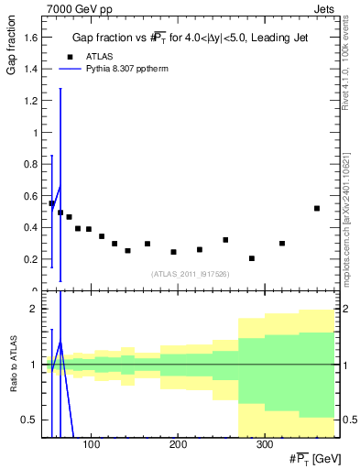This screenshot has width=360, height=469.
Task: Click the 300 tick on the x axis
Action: click(263, 445)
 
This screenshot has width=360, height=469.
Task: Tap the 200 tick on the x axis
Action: click(177, 445)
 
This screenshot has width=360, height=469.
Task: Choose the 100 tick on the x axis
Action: click(91, 445)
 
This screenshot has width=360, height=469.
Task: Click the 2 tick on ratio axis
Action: click(35, 309)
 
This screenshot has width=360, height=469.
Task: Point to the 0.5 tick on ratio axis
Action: click(31, 420)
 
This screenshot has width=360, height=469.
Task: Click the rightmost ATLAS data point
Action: click(316, 208)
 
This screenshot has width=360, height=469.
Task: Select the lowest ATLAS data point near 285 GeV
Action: click(252, 258)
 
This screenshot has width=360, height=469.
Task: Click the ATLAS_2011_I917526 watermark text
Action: click(190, 274)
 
